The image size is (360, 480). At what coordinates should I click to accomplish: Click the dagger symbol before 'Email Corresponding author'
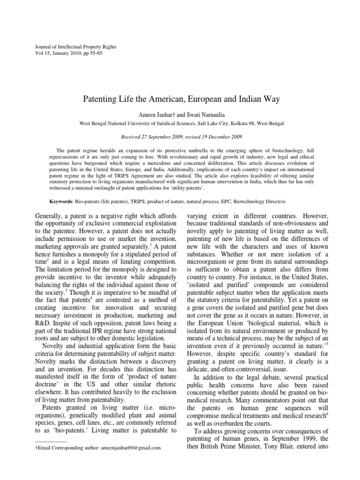coord(37,448)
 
